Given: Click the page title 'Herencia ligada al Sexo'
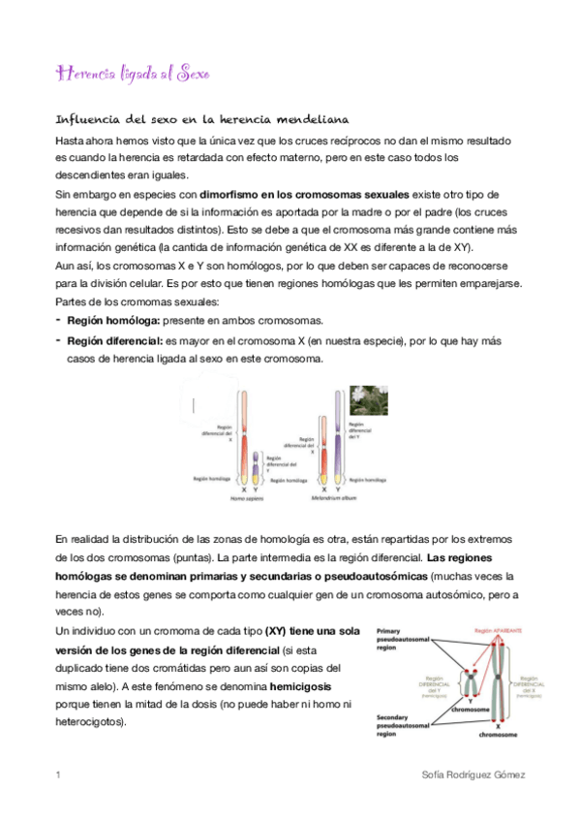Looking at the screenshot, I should click(134, 74).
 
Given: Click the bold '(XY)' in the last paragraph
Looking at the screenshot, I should click(281, 631).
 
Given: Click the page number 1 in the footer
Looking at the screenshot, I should click(58, 775).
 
